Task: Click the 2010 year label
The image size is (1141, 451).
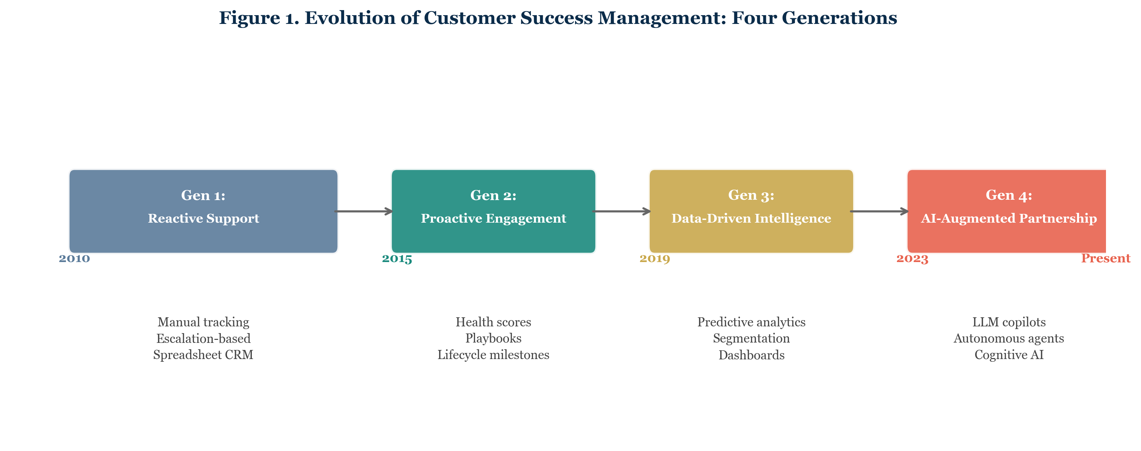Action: pos(74,259)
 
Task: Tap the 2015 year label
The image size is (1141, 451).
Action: pos(397,259)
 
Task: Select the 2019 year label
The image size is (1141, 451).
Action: pos(655,259)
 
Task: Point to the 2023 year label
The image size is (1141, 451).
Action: pos(912,259)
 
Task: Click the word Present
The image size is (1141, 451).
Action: pos(1106,258)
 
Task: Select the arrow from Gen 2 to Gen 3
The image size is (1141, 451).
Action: pos(622,211)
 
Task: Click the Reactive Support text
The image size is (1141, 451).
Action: pos(203,218)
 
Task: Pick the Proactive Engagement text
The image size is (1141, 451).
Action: pos(494,218)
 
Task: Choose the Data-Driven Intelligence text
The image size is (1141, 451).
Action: pos(751,218)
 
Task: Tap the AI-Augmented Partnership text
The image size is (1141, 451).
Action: pos(1009,218)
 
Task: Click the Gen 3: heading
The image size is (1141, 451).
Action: pos(751,195)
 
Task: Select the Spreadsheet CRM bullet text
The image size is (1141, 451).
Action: pos(203,355)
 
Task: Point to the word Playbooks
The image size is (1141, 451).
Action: pos(494,339)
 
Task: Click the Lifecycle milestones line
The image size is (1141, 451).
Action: pos(494,355)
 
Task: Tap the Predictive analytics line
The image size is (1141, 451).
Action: pos(751,322)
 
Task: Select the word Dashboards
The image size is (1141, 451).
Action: pos(751,355)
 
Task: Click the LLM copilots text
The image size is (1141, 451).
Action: pos(1009,322)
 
